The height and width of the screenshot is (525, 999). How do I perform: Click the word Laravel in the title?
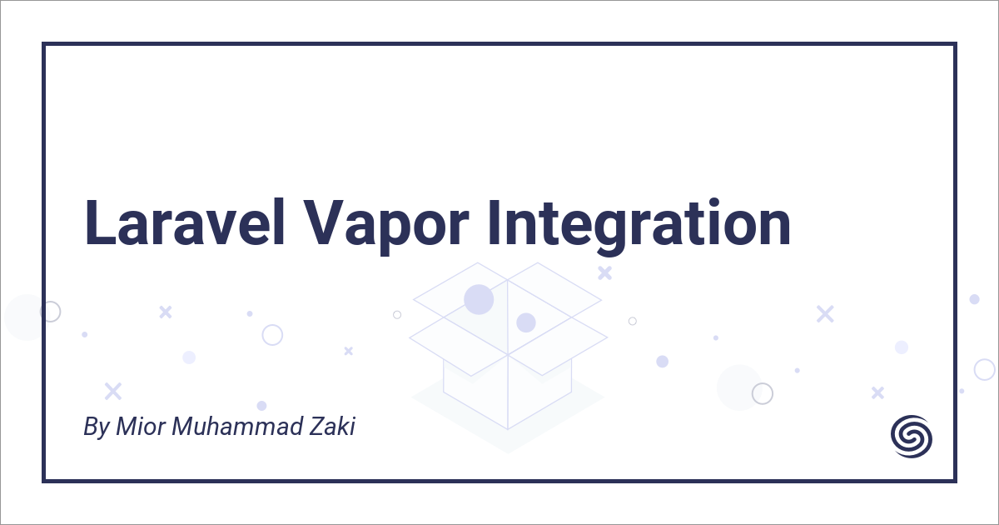click(x=185, y=222)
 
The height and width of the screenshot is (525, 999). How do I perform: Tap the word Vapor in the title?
click(x=386, y=227)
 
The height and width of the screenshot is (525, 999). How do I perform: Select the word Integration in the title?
click(x=639, y=227)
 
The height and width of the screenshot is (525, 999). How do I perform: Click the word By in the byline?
click(x=97, y=427)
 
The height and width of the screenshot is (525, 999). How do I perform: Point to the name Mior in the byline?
click(x=141, y=426)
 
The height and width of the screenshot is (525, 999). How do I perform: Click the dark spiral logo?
click(x=912, y=436)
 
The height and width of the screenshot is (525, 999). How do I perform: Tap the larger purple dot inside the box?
click(x=479, y=299)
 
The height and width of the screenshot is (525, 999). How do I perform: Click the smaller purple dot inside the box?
click(x=526, y=322)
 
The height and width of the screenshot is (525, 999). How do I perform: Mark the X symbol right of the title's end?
click(x=825, y=314)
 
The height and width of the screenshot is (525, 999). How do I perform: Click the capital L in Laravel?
click(x=100, y=222)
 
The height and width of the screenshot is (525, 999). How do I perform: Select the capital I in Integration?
click(x=494, y=222)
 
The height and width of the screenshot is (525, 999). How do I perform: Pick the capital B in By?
click(x=91, y=426)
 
